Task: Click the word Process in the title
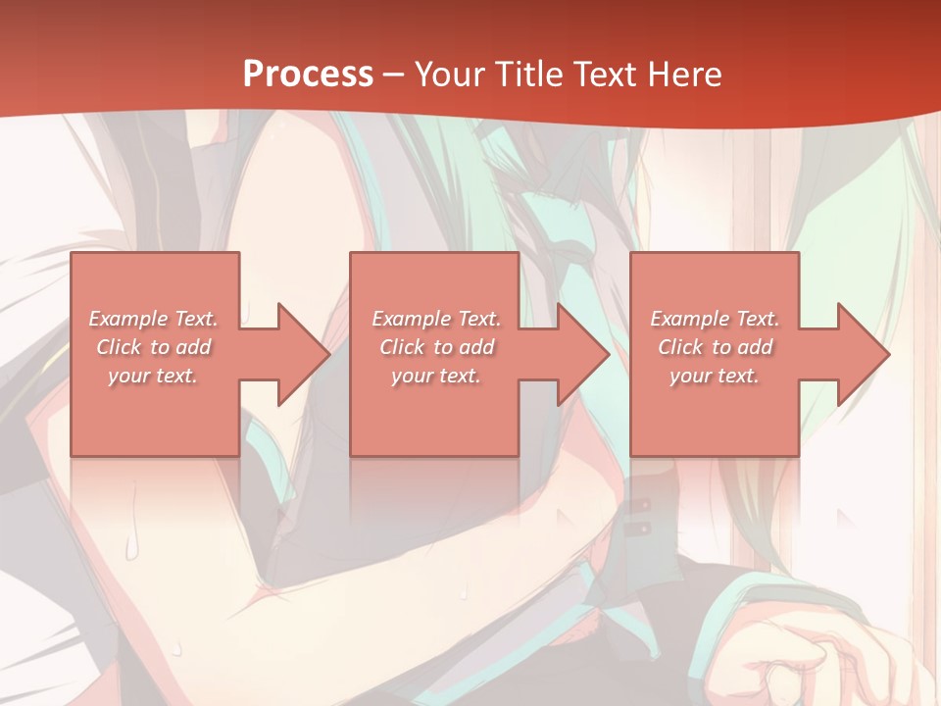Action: (308, 75)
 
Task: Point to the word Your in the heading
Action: (448, 75)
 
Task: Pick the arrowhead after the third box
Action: (862, 354)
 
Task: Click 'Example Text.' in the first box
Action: (154, 319)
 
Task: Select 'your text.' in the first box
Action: (154, 376)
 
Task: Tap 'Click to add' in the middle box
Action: (436, 347)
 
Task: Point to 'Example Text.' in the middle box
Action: (436, 319)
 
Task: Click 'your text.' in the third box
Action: (715, 376)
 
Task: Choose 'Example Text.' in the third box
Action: (715, 319)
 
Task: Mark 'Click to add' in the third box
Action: (715, 347)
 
